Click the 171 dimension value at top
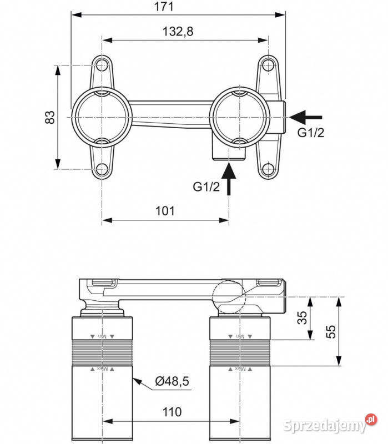(x=164, y=7)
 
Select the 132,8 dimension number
(x=178, y=32)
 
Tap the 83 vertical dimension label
(x=50, y=117)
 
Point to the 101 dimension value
(x=165, y=211)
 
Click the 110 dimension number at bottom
(x=172, y=412)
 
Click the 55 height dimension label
(x=331, y=331)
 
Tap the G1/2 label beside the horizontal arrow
(x=309, y=133)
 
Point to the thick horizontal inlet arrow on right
(x=306, y=117)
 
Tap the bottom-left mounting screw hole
(x=102, y=169)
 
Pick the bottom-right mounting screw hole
(x=268, y=169)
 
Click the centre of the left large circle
(x=102, y=117)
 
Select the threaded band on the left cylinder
(x=102, y=352)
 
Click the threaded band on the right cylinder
(x=240, y=352)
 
